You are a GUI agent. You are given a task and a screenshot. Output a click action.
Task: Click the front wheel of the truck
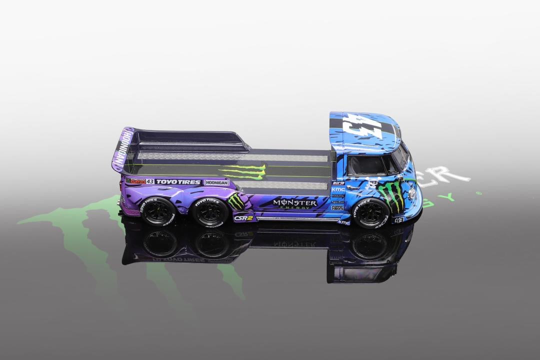tap(370, 213)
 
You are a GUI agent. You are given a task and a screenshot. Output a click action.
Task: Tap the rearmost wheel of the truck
tap(158, 211)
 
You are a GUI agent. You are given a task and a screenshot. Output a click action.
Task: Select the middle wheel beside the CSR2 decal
tap(210, 212)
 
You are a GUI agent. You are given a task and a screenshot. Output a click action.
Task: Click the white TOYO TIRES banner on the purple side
tap(178, 182)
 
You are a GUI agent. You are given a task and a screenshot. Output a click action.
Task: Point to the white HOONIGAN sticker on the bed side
tap(216, 183)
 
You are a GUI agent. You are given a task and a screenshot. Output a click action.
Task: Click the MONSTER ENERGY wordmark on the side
tap(294, 203)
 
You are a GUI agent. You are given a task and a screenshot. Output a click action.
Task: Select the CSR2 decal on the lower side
tap(243, 218)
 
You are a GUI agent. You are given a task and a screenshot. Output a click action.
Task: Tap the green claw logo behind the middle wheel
tap(236, 201)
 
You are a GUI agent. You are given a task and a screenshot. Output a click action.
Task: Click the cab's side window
tap(367, 165)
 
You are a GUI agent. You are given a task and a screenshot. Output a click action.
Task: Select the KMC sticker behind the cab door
tap(338, 189)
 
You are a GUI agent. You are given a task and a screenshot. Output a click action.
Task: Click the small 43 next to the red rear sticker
tap(150, 181)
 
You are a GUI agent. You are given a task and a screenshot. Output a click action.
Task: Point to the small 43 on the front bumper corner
tap(399, 219)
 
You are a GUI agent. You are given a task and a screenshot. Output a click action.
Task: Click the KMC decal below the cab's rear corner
tap(344, 221)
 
